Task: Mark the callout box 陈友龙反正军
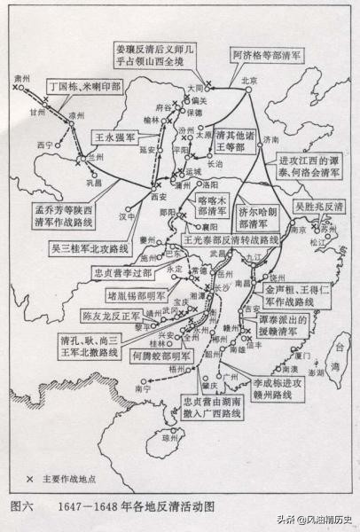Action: tap(110, 316)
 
